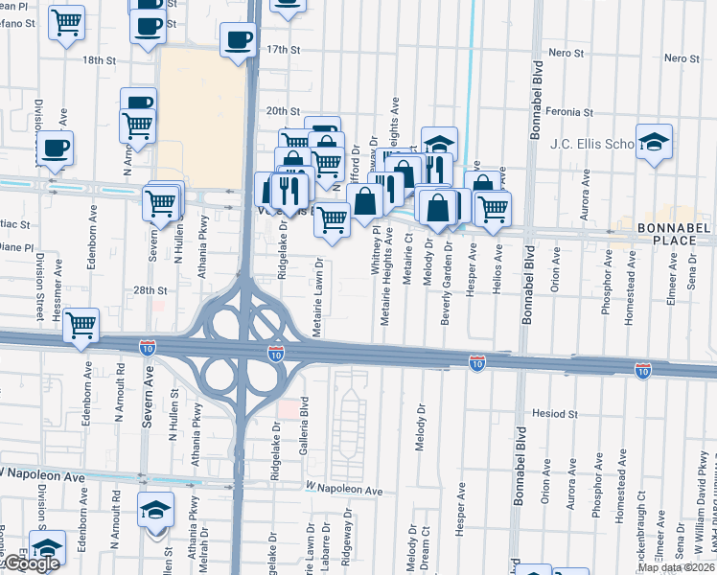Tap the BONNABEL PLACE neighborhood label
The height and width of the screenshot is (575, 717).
tap(674, 235)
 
